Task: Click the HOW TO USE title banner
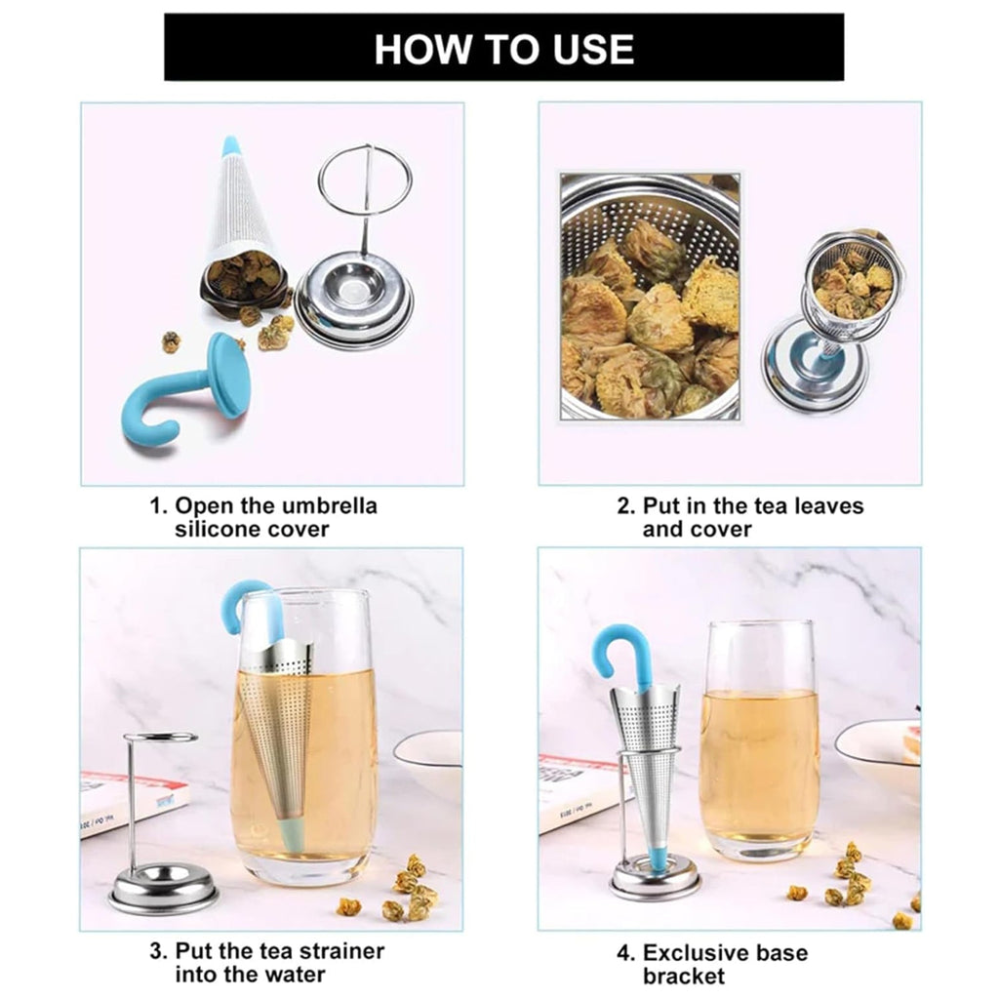[x=503, y=47]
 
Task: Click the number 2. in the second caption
[x=624, y=506]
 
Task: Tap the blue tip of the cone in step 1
[x=230, y=146]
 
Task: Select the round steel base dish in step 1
[x=354, y=302]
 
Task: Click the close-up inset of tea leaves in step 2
[x=649, y=297]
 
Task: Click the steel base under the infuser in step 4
[x=655, y=880]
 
